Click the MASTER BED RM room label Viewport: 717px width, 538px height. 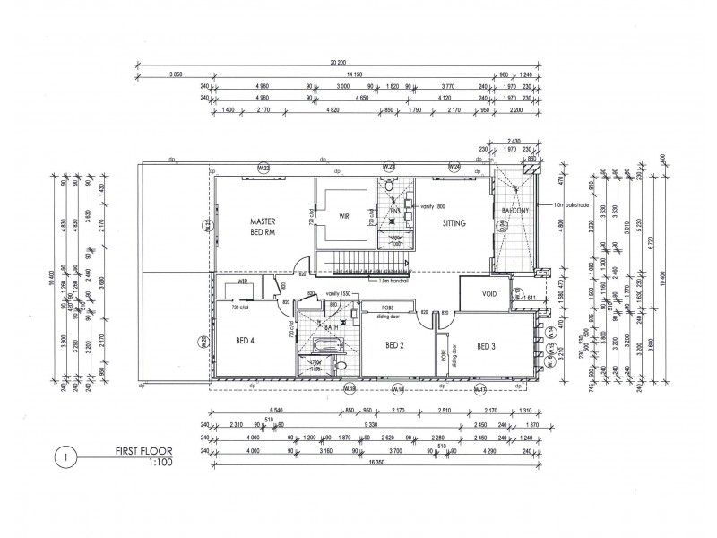click(x=261, y=226)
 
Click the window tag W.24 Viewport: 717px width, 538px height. click(x=455, y=166)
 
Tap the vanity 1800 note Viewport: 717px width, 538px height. click(x=434, y=207)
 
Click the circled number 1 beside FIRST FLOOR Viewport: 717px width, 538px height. click(x=63, y=456)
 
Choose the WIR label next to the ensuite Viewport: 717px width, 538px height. click(x=345, y=216)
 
